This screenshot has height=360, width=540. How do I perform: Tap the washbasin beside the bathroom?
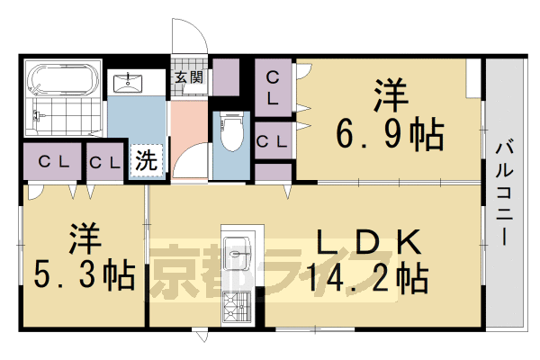point(134,84)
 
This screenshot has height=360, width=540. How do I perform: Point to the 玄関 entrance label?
point(189,77)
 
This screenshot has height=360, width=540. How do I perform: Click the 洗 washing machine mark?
point(146,161)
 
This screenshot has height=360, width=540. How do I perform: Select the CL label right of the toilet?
point(272,140)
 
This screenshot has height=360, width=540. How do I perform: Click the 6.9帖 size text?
point(390,136)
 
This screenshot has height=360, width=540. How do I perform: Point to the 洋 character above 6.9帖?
point(389,94)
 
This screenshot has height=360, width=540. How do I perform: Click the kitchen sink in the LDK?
point(238,254)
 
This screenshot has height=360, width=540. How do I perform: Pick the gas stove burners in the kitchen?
point(237,307)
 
